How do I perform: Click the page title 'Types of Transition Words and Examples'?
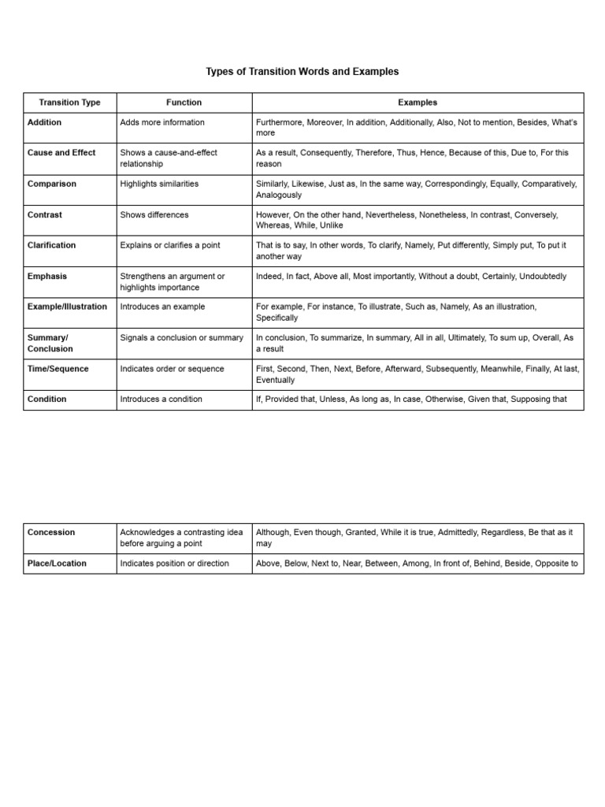[302, 72]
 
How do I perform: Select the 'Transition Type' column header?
[70, 102]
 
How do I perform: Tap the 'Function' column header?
[184, 102]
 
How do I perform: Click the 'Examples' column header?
[418, 102]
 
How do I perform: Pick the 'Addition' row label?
[44, 123]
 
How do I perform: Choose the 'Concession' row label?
[51, 533]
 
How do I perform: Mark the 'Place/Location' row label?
[57, 563]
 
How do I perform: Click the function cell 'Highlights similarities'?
[159, 184]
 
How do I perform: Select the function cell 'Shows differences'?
[154, 214]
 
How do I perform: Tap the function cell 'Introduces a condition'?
[161, 400]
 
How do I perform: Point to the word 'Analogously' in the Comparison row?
[279, 195]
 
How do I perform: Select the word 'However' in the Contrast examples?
[273, 214]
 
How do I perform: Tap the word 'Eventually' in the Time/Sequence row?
[276, 380]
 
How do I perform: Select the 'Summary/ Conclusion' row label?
[50, 344]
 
